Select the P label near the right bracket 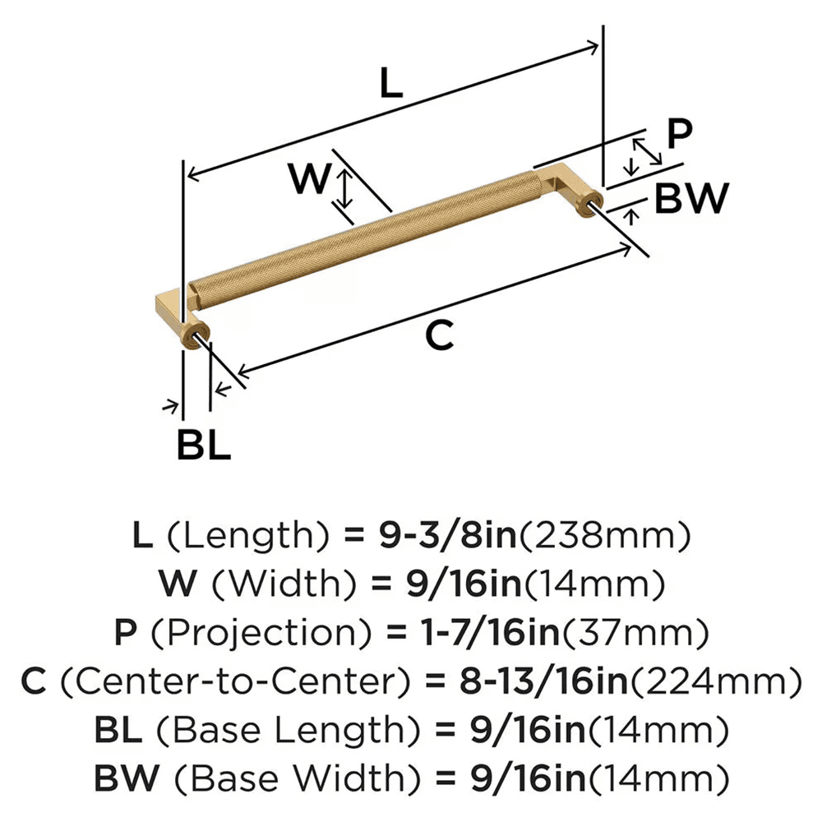click(x=680, y=134)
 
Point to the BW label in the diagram click(x=691, y=198)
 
